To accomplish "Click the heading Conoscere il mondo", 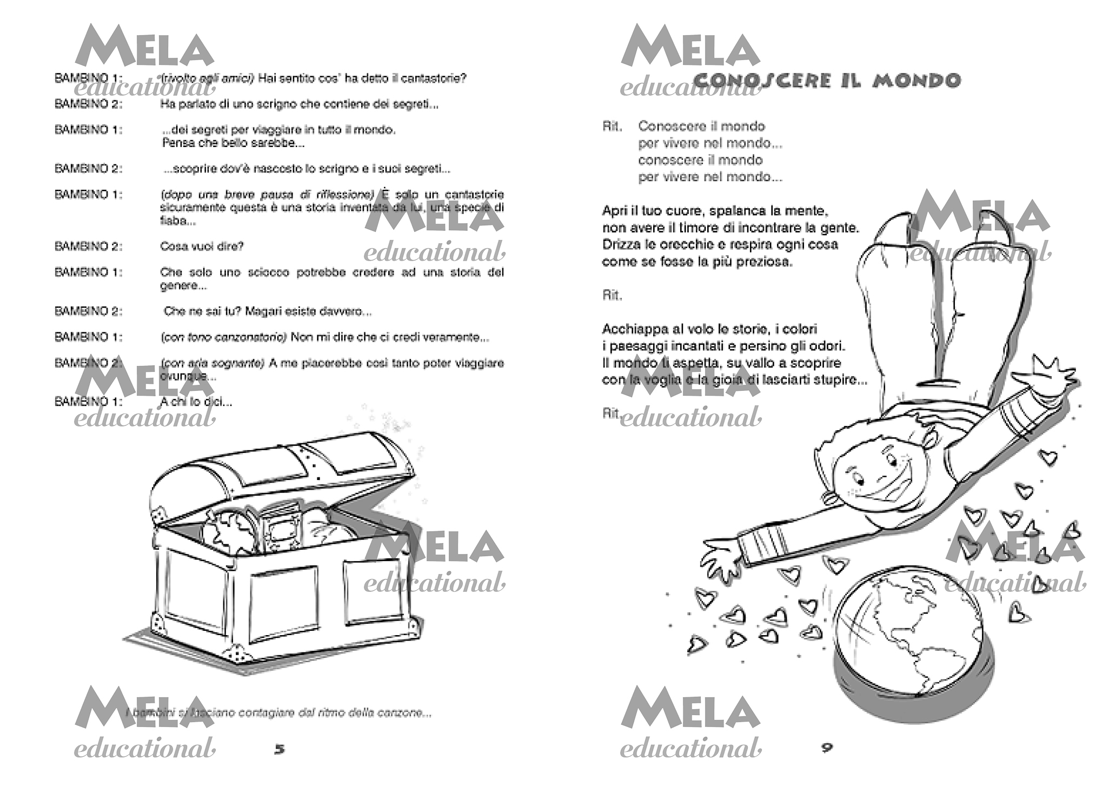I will [827, 81].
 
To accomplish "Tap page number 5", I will [279, 749].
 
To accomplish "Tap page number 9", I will [827, 748].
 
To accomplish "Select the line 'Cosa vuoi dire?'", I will [202, 246].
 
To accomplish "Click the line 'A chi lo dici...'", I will [196, 402].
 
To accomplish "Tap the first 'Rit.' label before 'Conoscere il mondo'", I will [612, 126].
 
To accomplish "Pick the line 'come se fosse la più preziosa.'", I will [697, 262].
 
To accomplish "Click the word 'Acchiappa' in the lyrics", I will [628, 329].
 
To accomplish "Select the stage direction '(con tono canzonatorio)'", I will [224, 337].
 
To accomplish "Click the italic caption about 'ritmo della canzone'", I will [278, 713].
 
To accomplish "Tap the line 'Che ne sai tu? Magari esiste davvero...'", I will [267, 311].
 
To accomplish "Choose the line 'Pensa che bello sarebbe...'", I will [233, 143].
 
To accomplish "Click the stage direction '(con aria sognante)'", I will [212, 363].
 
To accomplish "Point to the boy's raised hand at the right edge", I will [1046, 373].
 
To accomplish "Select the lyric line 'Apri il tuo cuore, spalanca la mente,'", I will [715, 211].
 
